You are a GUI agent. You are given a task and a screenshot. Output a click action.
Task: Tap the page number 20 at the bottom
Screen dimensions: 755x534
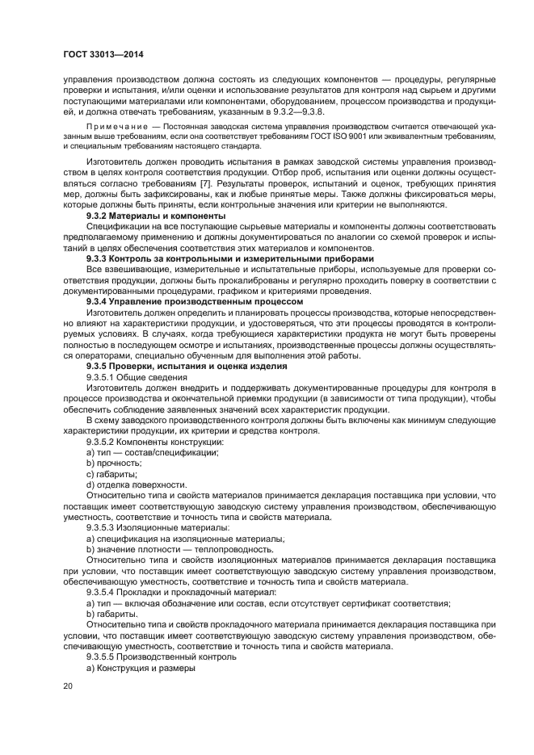click(68, 685)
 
